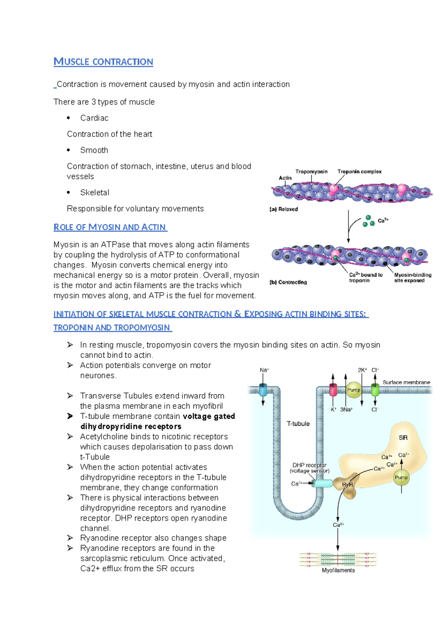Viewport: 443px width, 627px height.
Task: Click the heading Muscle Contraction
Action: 103,62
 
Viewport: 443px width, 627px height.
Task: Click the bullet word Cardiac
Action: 94,118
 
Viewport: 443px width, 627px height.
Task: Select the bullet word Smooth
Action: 94,150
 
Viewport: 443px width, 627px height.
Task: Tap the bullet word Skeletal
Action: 95,193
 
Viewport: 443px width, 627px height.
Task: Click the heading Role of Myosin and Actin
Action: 110,227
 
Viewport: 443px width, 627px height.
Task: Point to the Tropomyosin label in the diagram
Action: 311,172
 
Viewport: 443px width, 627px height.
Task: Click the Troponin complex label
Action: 359,172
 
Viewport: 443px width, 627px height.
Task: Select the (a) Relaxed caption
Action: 284,209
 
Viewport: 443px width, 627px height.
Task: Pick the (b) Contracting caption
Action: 288,282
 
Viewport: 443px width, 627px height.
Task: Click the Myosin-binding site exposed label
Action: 412,278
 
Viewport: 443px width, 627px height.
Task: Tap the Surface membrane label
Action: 406,382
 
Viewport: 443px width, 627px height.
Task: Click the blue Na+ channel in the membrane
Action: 263,390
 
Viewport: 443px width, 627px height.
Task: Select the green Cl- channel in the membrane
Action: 375,390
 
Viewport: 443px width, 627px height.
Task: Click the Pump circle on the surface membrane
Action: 354,390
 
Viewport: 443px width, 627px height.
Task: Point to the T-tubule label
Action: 298,424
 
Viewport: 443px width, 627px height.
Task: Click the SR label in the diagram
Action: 403,438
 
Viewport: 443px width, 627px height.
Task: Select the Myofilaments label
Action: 338,570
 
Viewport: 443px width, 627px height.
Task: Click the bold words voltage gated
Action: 209,416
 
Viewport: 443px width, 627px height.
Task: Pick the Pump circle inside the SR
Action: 401,478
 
